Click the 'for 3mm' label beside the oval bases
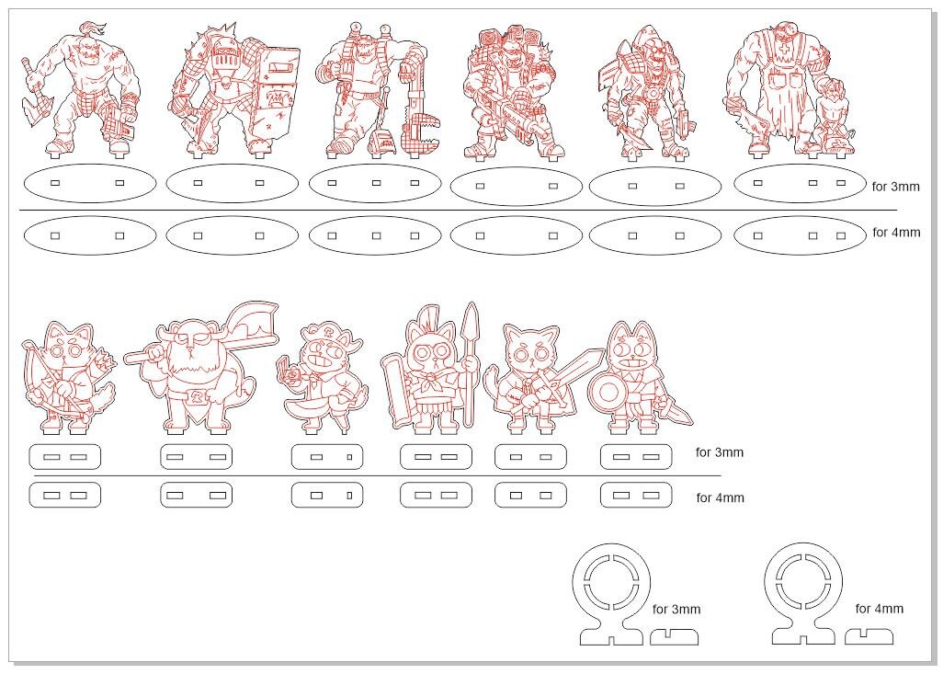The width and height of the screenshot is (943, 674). pos(895,187)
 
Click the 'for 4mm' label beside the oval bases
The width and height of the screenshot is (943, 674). pos(896,233)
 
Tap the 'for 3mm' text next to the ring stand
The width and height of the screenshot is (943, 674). pos(676,609)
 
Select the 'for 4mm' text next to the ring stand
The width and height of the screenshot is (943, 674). pos(880,609)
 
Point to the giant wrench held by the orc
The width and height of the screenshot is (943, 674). pos(421,102)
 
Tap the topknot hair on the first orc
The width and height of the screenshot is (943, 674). pos(93,28)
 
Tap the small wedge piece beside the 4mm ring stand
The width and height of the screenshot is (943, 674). pos(869,636)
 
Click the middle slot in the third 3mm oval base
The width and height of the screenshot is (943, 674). pos(376,183)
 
